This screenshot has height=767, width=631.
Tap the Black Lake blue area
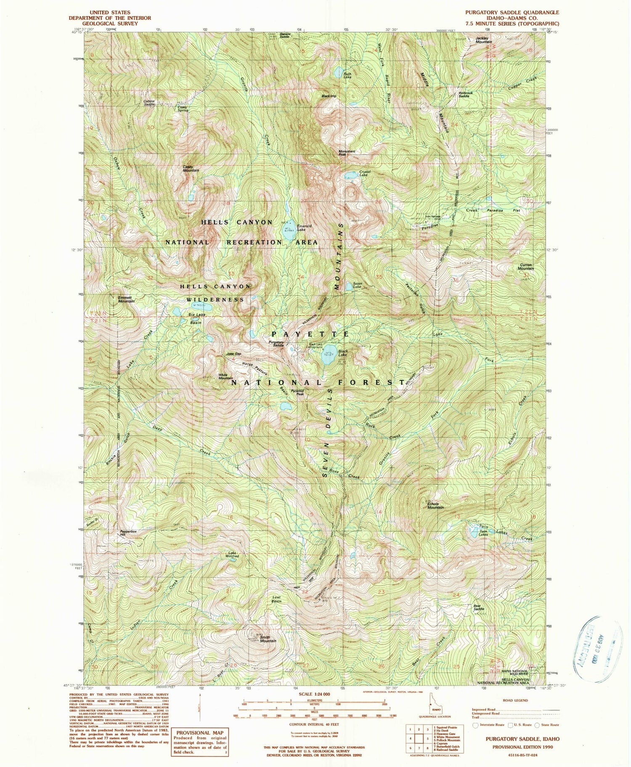(x=329, y=357)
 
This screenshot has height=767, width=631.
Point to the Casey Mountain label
(x=191, y=168)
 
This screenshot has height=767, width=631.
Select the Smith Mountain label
(x=268, y=639)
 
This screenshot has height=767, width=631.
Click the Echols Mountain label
(x=435, y=505)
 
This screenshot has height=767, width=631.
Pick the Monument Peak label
(x=347, y=153)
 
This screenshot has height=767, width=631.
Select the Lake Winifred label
(x=233, y=555)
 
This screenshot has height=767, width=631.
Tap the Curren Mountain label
(x=525, y=267)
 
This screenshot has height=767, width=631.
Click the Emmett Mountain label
(x=126, y=299)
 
